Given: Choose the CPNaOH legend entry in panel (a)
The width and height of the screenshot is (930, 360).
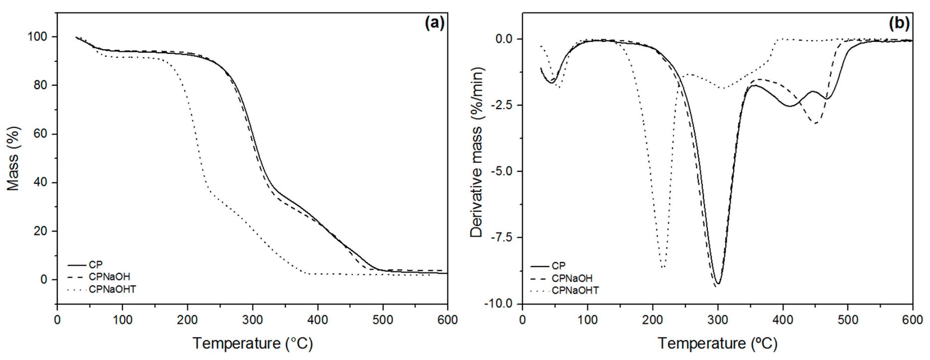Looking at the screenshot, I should click(109, 277).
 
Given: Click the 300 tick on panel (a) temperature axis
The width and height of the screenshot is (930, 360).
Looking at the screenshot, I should click(252, 320).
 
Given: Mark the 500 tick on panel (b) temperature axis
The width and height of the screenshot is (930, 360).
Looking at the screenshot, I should click(847, 320).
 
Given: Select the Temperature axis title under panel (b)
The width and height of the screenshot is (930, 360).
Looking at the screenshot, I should click(717, 343).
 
